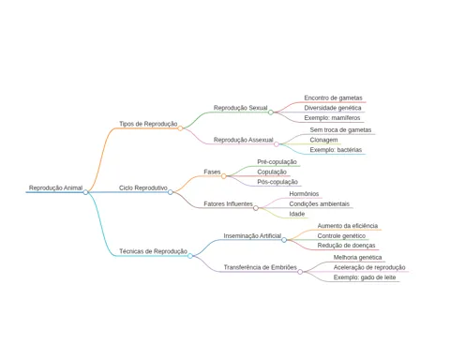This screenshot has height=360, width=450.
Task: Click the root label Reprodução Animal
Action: (x=55, y=187)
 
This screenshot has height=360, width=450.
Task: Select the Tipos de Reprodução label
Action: (x=148, y=124)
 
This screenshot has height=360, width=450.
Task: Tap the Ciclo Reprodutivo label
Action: (x=143, y=187)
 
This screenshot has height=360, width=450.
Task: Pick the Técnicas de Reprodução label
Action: (x=153, y=251)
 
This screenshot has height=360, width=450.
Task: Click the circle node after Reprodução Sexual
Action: (x=271, y=112)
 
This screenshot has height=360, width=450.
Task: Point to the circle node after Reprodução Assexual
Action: (x=277, y=144)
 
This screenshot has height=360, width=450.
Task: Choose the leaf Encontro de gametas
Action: (x=333, y=97)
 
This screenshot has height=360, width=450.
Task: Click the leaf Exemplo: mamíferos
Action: (x=332, y=118)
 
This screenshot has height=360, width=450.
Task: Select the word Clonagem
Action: (x=323, y=140)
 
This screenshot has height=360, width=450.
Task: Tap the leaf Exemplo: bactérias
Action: (x=336, y=150)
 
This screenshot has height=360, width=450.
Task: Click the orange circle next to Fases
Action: (x=224, y=176)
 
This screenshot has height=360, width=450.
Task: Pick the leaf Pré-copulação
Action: (x=277, y=162)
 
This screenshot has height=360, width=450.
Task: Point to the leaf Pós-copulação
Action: (x=277, y=182)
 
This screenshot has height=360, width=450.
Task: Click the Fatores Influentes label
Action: (x=228, y=203)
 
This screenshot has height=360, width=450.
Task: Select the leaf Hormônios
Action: (x=304, y=194)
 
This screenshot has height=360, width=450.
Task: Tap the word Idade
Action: (x=297, y=214)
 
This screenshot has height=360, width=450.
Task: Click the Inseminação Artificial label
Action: (x=252, y=235)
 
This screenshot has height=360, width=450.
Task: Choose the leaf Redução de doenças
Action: (x=346, y=246)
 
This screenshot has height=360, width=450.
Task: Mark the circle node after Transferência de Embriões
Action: (x=300, y=272)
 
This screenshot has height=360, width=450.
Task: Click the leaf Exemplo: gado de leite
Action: (x=365, y=277)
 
